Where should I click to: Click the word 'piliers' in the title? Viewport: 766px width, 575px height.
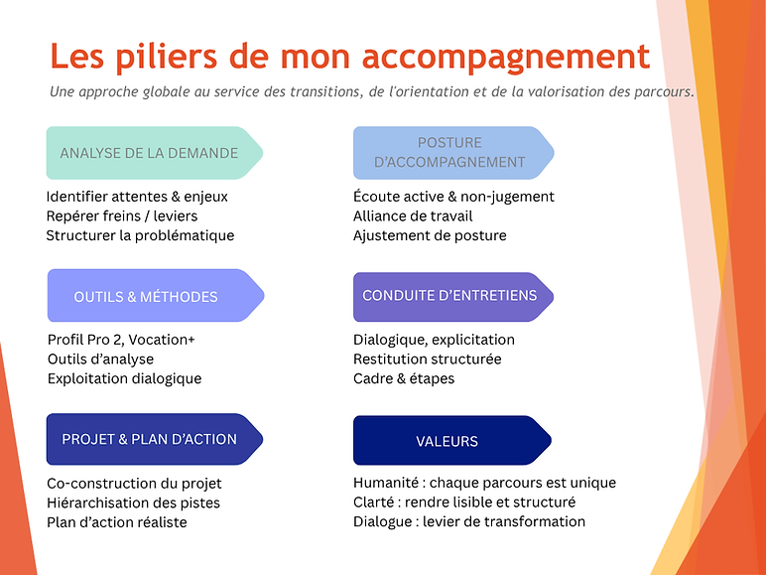coord(167,57)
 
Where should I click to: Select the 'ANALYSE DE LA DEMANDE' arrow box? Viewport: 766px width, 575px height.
coord(155,153)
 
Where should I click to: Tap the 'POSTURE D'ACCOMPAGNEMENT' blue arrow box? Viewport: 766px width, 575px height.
coord(453,153)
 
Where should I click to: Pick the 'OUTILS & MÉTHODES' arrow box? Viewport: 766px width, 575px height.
coord(156,295)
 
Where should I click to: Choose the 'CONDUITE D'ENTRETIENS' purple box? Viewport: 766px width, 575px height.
coord(453,297)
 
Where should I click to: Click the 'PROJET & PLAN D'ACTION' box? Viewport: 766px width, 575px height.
coord(155,439)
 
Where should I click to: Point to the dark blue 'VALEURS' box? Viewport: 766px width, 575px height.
coord(452,440)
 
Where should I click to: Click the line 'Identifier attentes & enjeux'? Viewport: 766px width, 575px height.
coord(137,197)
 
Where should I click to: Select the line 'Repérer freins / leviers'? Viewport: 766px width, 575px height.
coord(122,216)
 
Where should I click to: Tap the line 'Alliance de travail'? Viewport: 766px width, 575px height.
coord(413,216)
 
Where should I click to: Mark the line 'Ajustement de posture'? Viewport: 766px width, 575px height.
coord(430,235)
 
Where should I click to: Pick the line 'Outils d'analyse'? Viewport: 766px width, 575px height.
coord(100,359)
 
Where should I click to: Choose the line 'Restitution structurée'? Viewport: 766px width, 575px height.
coord(428,359)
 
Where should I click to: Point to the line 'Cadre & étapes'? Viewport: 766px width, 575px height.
coord(404,378)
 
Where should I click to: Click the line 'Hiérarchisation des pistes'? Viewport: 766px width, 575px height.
coord(133,503)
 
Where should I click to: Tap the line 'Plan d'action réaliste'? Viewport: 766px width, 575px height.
coord(117,522)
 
